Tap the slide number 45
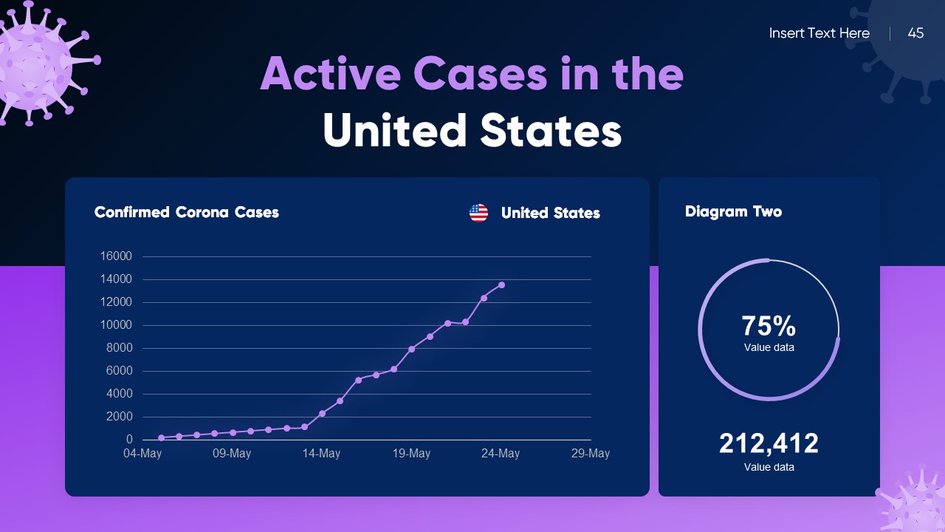coord(915,33)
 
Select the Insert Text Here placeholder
coord(819,33)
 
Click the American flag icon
coord(478,214)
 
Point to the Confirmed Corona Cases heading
coord(187,213)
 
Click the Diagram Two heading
coord(733,212)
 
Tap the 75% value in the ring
coord(769,326)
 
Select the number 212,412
coord(769,443)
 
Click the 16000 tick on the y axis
coord(116,256)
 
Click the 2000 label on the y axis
coord(118,417)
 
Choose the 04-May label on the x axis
coord(142,454)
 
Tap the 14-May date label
coord(321,454)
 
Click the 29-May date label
coord(590,454)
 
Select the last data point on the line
coord(501,284)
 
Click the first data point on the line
coord(161,437)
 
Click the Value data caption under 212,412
coord(769,467)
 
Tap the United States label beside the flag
coord(550,214)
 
